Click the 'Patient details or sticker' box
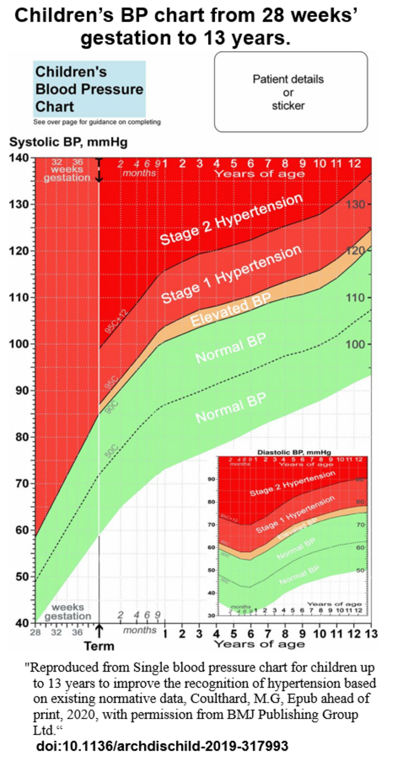point(290,92)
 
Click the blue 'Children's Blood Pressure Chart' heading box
point(89,89)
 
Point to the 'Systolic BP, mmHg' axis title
point(68,142)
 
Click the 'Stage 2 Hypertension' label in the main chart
point(231,219)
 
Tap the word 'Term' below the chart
point(99,646)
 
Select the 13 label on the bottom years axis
point(371,634)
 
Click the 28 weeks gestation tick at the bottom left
point(35,632)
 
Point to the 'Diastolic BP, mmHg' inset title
point(294,453)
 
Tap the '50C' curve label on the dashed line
point(111,451)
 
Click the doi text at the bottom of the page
point(162,745)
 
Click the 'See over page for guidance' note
point(97,122)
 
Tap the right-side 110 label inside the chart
point(355,298)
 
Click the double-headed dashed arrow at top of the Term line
point(99,170)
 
